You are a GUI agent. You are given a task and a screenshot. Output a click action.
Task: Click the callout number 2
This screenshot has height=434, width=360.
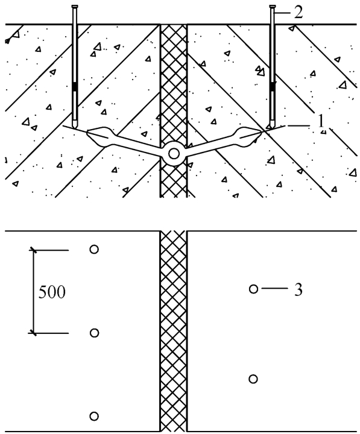click(298, 13)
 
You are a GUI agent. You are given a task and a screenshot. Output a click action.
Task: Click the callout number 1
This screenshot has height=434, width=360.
click(321, 121)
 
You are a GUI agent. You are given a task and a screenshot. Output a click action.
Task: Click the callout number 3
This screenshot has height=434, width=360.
click(298, 290)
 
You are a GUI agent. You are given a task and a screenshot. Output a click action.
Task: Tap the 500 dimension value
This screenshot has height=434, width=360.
click(52, 292)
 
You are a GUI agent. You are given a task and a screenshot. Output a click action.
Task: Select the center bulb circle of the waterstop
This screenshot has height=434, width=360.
click(174, 154)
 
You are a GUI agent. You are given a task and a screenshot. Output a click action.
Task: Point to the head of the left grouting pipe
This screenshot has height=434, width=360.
click(75, 7)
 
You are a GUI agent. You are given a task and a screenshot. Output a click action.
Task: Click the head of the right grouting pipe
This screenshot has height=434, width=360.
click(273, 7)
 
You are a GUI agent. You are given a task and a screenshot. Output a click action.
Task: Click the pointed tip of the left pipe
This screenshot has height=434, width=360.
click(75, 127)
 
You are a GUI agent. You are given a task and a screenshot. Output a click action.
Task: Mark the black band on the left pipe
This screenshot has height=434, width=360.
click(75, 87)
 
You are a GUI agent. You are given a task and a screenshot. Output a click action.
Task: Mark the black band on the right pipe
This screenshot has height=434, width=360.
click(273, 87)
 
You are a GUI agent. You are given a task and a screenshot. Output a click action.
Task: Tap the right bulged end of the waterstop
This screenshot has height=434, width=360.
click(248, 136)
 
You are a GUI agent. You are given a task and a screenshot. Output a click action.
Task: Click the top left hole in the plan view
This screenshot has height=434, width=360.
click(94, 250)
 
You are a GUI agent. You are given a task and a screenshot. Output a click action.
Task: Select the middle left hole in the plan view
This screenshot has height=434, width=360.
click(94, 333)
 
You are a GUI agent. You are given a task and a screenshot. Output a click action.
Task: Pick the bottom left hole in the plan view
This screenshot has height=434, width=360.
click(94, 417)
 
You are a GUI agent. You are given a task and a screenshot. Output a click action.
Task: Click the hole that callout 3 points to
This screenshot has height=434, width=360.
click(253, 289)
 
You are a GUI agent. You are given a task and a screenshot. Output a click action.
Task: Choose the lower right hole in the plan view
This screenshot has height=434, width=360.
click(253, 379)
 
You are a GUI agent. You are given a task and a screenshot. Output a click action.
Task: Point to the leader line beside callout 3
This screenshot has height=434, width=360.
click(274, 289)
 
